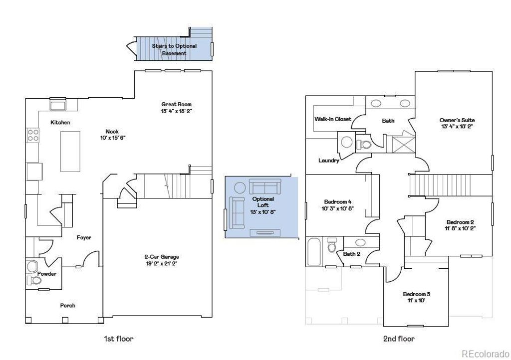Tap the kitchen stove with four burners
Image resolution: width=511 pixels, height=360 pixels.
pos(33,135)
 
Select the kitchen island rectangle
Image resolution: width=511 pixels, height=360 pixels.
pos(71,151)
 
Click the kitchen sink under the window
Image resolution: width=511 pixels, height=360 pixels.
pos(58,106)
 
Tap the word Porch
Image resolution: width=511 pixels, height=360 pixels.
pos(68,305)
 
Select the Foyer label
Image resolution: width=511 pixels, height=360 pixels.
pos(84,238)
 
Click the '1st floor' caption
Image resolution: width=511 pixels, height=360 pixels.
pos(118,339)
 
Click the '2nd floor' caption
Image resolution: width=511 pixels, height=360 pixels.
pos(399,339)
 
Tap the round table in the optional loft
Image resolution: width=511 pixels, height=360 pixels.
pos(240,188)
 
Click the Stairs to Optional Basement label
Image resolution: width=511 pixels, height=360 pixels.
pos(174,49)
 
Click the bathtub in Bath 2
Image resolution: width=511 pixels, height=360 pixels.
pos(313,252)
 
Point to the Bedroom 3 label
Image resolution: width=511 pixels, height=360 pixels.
pos(417,294)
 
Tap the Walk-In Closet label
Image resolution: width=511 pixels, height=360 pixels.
pos(332,119)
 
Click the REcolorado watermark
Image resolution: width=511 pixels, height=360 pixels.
pos(484,354)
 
